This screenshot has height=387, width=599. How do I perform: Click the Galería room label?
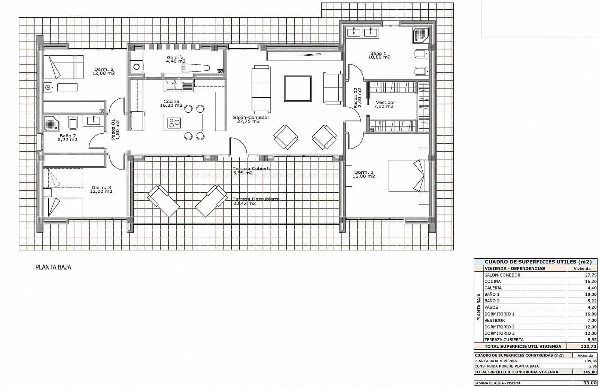tap(175, 58)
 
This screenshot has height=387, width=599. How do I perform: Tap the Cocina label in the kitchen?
tap(171, 101)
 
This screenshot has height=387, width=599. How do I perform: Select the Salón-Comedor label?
tap(251, 118)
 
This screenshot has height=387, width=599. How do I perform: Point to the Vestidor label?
tap(385, 103)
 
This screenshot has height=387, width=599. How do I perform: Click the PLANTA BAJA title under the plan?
tap(53, 267)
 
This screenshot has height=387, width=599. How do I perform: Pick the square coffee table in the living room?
tap(298, 88)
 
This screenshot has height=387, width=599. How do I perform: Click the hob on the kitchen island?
tap(174, 122)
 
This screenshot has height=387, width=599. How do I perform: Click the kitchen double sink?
tap(178, 86)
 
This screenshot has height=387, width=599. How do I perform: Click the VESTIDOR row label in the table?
tap(495, 320)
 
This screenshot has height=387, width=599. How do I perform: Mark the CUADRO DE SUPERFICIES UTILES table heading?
tap(535, 262)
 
